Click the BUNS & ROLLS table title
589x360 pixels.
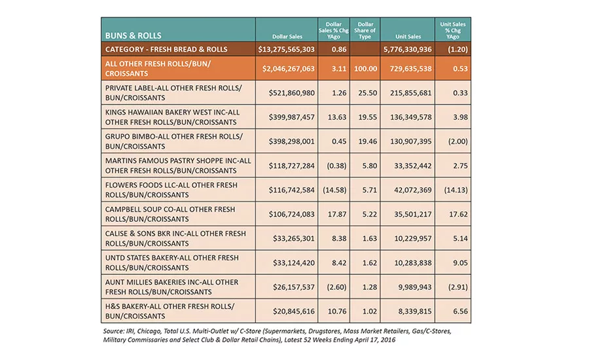133,36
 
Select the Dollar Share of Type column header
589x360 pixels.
365,31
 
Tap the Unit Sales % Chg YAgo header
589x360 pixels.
453,31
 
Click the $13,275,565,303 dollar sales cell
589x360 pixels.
286,49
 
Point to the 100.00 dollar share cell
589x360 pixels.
365,69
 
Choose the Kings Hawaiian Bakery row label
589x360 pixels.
172,117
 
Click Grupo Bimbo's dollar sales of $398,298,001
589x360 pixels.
291,141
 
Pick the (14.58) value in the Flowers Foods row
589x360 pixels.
334,190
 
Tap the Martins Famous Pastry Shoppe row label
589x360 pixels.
178,166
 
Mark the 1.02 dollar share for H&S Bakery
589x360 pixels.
370,311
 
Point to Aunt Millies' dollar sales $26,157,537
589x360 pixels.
294,287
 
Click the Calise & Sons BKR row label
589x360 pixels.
175,239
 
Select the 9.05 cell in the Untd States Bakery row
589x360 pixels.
460,262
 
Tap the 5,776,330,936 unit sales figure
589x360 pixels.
408,49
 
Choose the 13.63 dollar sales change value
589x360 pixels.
337,117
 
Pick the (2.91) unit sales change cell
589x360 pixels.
457,287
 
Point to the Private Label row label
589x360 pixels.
173,93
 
